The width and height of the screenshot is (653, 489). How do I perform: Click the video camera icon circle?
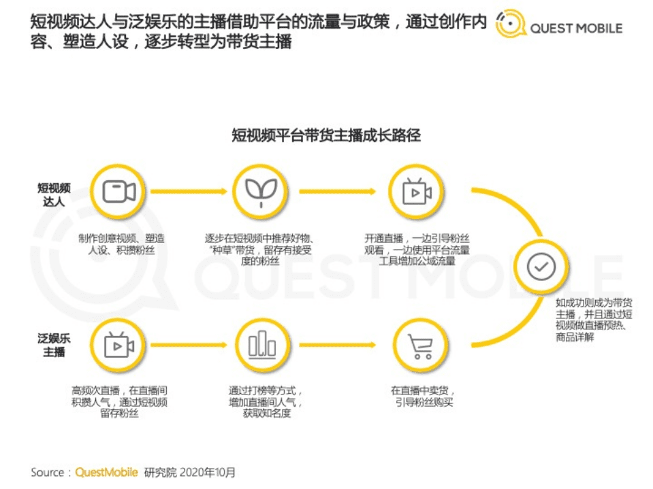119,192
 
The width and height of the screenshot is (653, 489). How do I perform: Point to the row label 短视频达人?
54,194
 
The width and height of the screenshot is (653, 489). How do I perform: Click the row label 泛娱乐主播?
54,345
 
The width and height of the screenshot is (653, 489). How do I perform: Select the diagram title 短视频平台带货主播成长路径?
326,135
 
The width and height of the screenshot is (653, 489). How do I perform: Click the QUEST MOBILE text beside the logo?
576,29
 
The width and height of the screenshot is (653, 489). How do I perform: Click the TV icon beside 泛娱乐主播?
119,345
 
